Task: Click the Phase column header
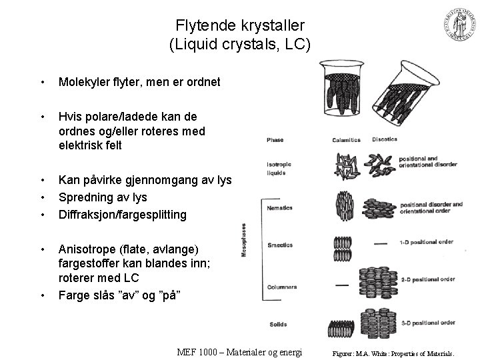pos(275,140)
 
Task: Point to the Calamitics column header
pos(346,140)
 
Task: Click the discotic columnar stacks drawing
pos(381,285)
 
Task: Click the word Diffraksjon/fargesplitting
pos(123,215)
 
